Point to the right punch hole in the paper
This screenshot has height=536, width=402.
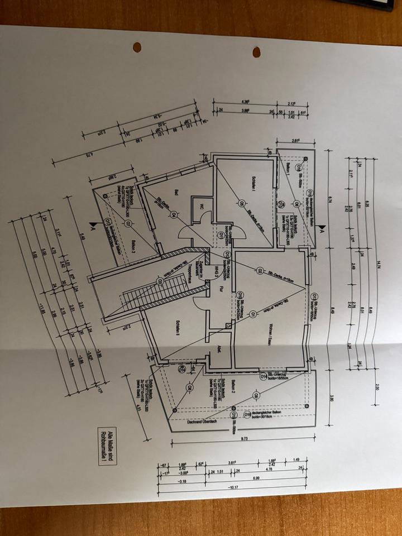pos(256,52)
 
